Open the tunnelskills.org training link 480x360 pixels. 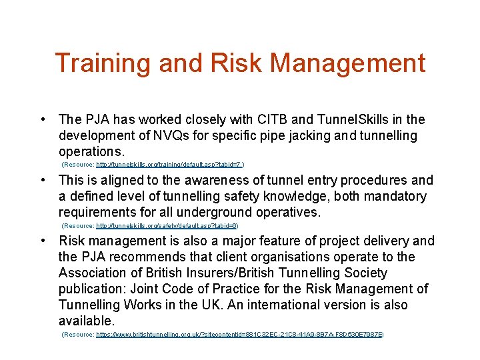[171, 164]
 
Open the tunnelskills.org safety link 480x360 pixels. [167, 226]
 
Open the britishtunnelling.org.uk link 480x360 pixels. [239, 334]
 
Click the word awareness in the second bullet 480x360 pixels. [200, 181]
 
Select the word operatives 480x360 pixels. [287, 213]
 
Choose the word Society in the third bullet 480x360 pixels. [363, 273]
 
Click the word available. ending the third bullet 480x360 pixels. [87, 321]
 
